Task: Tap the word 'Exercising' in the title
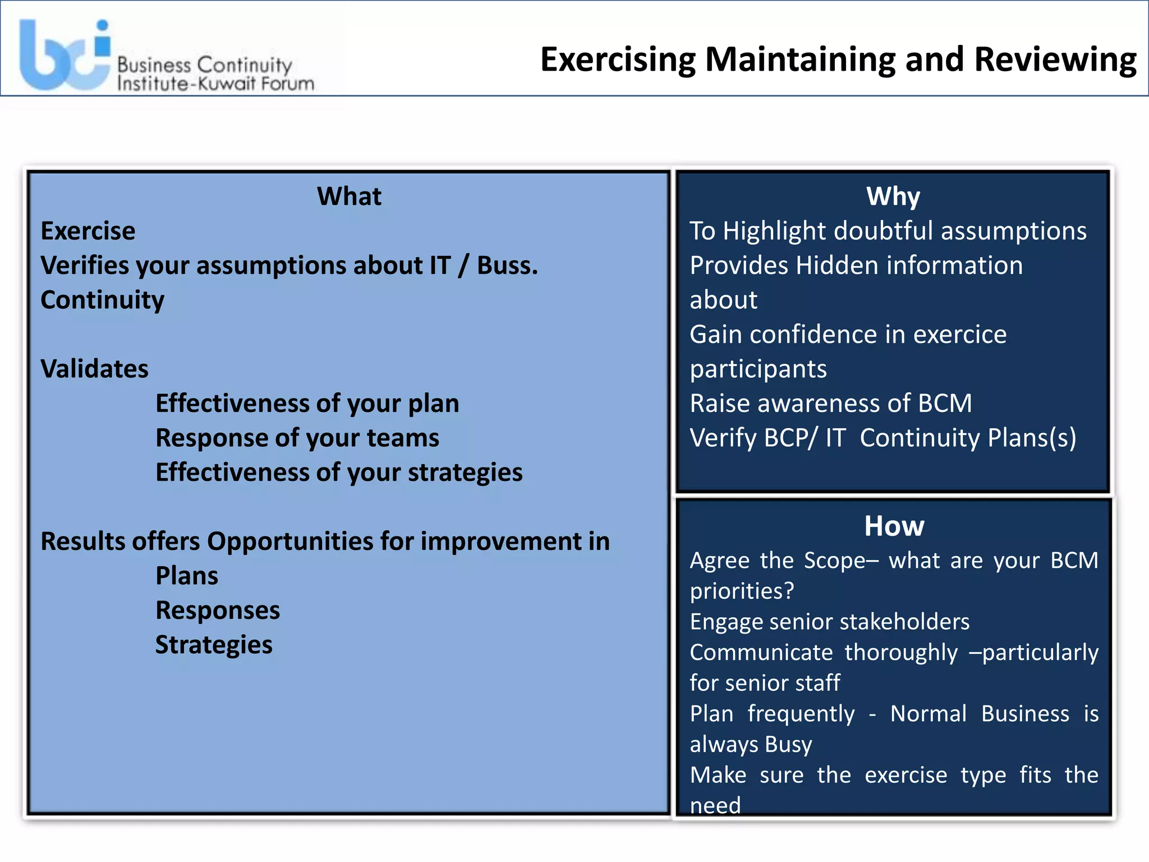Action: pyautogui.click(x=617, y=59)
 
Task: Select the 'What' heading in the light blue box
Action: pyautogui.click(x=349, y=196)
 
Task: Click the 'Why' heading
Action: pyautogui.click(x=893, y=196)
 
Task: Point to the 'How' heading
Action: pyautogui.click(x=894, y=526)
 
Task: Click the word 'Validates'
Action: pyautogui.click(x=94, y=369)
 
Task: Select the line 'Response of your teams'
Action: pyautogui.click(x=297, y=438)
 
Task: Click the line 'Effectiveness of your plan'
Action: pyautogui.click(x=307, y=404)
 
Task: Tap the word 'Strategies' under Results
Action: pyautogui.click(x=214, y=645)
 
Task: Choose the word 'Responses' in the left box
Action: pyautogui.click(x=218, y=611)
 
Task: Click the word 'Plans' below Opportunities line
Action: pyautogui.click(x=187, y=576)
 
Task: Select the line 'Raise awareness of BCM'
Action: pyautogui.click(x=830, y=404)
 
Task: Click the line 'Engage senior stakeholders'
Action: pyautogui.click(x=829, y=622)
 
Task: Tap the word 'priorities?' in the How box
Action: pyautogui.click(x=742, y=591)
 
